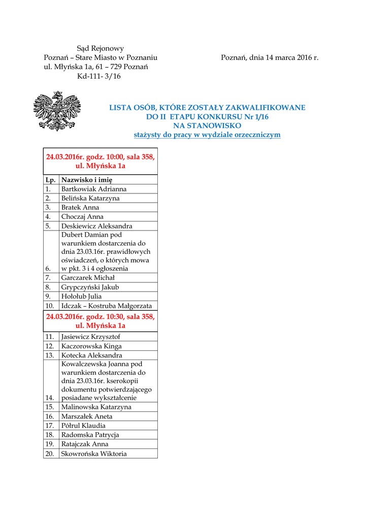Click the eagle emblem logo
pos(57,111)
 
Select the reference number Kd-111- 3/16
pos(99,76)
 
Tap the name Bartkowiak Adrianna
pos(94,189)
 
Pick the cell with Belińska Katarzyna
pos(90,198)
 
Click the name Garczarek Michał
pos(88,278)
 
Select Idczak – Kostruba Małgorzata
pos(106,306)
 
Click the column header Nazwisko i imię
pos(87,180)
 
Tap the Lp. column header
pos(50,180)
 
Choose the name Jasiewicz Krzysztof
pos(91,337)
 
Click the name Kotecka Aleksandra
pos(91,355)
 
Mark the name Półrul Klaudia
pos(83,426)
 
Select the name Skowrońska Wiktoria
pos(94,453)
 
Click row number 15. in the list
pos(50,407)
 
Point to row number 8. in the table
pos(48,287)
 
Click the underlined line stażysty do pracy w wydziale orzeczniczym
pos(207,135)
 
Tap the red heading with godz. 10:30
pos(101,321)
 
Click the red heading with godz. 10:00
pos(101,161)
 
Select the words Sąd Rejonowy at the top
pos(100,49)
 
